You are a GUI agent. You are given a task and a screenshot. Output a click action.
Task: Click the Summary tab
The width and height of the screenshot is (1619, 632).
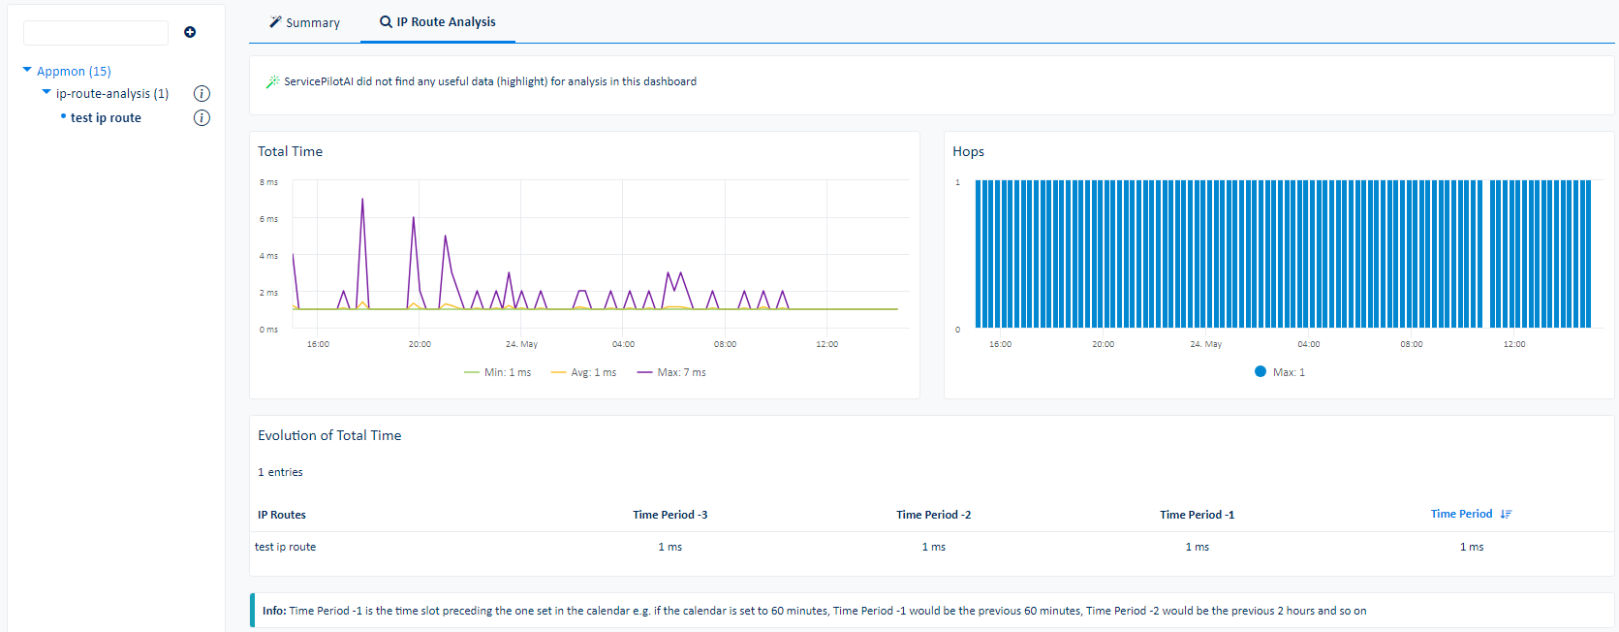(x=304, y=22)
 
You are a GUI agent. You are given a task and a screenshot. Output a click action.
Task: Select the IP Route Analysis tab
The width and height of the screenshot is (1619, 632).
(x=438, y=21)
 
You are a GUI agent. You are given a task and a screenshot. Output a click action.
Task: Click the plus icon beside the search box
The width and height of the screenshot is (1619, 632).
(x=190, y=32)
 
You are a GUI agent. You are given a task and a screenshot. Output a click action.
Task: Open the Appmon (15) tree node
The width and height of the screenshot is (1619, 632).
(x=73, y=71)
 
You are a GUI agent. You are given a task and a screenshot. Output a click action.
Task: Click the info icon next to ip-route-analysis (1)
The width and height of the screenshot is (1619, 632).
(x=202, y=94)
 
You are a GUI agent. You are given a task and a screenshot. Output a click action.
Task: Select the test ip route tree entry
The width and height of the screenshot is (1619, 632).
(x=106, y=117)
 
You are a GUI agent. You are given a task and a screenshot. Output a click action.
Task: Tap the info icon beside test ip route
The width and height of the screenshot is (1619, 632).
(x=202, y=118)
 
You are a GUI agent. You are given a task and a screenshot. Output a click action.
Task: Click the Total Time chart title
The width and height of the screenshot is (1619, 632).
(x=290, y=151)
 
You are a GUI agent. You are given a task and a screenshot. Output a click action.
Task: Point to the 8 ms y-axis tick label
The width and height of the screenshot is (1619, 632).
(x=268, y=182)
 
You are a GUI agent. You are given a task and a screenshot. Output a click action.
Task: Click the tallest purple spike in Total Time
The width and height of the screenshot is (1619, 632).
(x=362, y=201)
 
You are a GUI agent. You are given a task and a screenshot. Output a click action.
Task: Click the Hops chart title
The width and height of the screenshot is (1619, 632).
(x=968, y=151)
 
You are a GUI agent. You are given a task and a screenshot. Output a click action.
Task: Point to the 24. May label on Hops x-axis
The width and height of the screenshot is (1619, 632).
(x=1205, y=344)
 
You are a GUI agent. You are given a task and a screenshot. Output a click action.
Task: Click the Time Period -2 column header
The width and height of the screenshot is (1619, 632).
(x=933, y=515)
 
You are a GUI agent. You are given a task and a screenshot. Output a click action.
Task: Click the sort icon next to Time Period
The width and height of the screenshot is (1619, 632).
(x=1506, y=515)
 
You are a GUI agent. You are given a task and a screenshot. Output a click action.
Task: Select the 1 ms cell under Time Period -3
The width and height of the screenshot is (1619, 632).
(x=670, y=547)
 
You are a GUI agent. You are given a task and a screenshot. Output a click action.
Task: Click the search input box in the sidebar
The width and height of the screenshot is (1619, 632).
(x=95, y=33)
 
